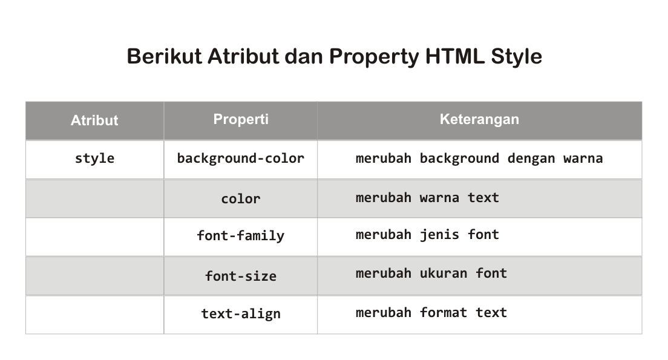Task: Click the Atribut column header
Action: point(94,120)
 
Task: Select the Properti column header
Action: point(241,119)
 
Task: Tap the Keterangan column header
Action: point(479,119)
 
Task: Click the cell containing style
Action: point(94,159)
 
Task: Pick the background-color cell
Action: point(241,159)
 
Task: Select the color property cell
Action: point(241,198)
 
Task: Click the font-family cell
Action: point(241,235)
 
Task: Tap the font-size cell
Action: point(241,276)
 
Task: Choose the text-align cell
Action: point(241,313)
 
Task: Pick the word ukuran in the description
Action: point(444,273)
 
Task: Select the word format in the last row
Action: point(444,313)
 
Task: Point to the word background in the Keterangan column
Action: point(459,159)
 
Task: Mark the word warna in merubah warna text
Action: point(439,198)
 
